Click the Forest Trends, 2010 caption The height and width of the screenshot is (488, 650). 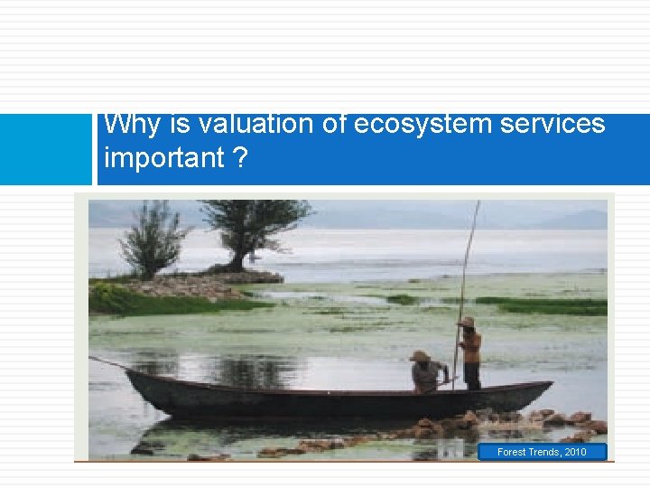(542, 452)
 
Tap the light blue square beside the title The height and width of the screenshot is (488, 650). (45, 150)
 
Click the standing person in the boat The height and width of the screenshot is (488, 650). (469, 354)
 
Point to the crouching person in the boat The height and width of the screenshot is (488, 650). (427, 373)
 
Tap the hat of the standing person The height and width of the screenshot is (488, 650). (467, 322)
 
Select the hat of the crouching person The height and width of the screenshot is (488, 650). (420, 356)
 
